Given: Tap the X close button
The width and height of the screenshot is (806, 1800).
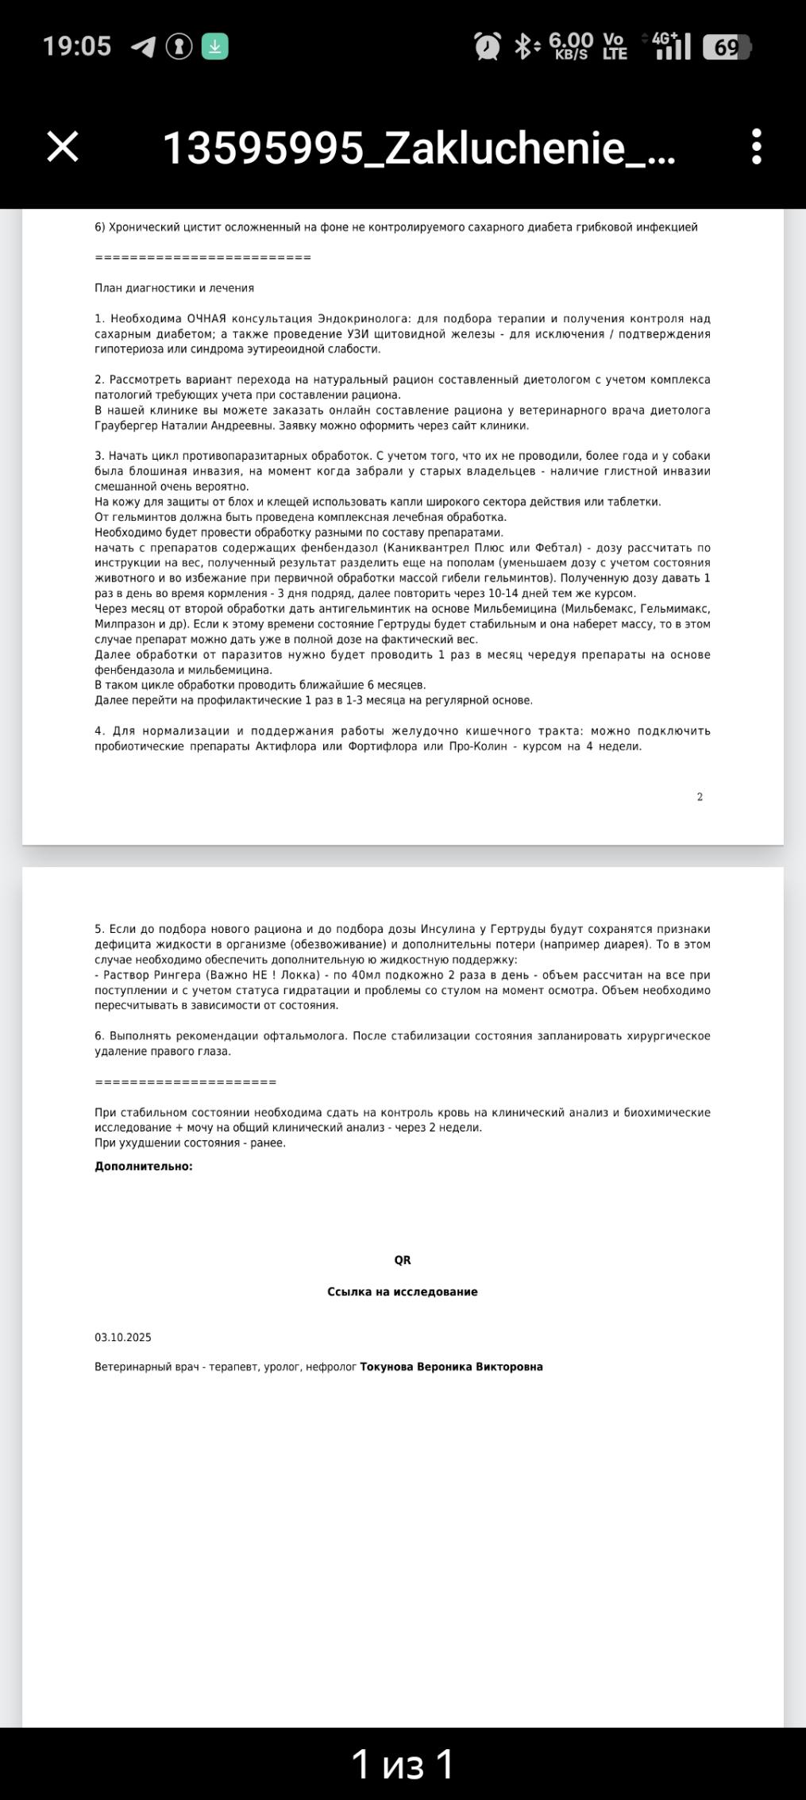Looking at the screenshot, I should click(x=63, y=147).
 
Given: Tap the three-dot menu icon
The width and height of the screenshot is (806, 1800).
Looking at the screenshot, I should click(x=756, y=147).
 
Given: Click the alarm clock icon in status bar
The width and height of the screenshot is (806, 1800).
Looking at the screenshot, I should click(x=487, y=47).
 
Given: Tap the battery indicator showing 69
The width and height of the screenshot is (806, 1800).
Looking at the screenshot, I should click(x=727, y=48).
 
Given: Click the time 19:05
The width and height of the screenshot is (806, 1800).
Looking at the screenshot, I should click(x=77, y=46).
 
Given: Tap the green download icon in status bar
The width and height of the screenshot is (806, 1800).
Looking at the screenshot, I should click(x=214, y=47).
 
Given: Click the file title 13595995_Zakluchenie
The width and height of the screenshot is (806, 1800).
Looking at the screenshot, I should click(x=418, y=148).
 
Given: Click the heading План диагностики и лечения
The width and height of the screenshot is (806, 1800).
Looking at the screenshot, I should click(x=174, y=288).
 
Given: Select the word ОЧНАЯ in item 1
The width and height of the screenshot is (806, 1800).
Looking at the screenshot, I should click(x=206, y=318).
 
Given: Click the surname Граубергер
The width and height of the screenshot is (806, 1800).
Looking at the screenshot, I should click(x=125, y=426).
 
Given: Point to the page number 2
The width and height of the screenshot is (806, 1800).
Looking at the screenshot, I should click(x=700, y=796).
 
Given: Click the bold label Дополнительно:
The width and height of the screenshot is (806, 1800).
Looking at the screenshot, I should click(x=144, y=1166).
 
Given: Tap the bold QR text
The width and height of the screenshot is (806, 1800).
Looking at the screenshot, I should click(x=403, y=1260).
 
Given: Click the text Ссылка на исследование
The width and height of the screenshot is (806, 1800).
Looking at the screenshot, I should click(x=403, y=1292).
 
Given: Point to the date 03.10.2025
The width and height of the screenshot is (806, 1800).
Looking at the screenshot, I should click(x=123, y=1337).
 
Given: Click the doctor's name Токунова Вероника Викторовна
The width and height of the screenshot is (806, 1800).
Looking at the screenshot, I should click(x=451, y=1366).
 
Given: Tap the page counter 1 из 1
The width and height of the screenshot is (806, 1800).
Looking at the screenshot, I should click(x=403, y=1764).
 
